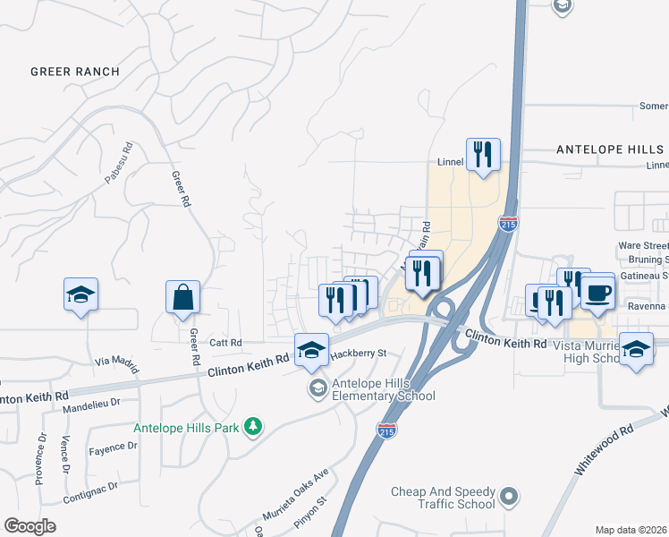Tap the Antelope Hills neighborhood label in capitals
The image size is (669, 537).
pos(611,149)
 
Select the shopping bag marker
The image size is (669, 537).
pos(182,298)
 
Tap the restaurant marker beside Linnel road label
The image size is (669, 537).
pos(483,156)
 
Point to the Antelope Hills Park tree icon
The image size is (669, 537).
pos(254,427)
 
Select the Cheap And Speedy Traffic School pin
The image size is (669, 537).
pos(509,495)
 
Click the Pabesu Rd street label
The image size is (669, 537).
pos(118,163)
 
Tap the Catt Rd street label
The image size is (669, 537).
pos(225,342)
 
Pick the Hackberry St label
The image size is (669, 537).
pos(357,353)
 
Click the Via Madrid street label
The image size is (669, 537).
pos(118,362)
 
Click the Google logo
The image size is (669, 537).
pos(30,526)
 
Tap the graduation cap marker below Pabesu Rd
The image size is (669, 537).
pos(80,294)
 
